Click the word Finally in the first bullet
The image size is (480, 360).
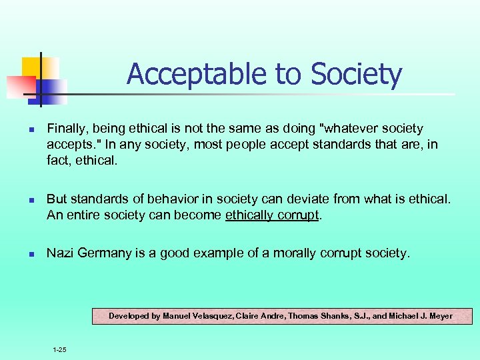pos(65,128)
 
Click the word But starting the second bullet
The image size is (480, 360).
pos(57,199)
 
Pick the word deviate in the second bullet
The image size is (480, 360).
pos(299,199)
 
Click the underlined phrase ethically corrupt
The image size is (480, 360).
pos(273,215)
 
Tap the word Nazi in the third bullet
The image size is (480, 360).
pos(60,253)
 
